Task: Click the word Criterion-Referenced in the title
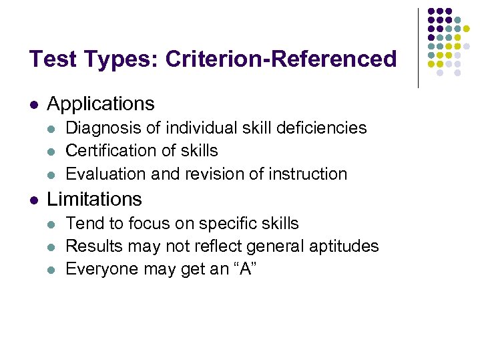tap(280, 59)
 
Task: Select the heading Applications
tap(101, 104)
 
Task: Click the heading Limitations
tap(95, 199)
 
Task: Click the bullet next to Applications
tap(33, 105)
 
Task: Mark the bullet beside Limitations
tap(33, 200)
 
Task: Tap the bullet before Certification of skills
tap(53, 152)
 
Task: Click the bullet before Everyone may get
tap(53, 270)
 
